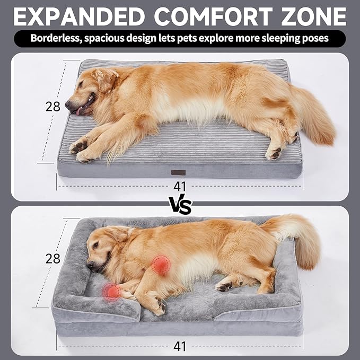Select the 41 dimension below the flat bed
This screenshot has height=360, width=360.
coord(180,187)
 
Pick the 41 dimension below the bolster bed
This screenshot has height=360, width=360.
coord(180,346)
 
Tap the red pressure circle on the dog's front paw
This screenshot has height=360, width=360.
coord(112,291)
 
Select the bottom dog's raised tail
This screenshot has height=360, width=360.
coord(297,233)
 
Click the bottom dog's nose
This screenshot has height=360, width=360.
coord(90,264)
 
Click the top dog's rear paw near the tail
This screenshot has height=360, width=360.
coord(274,154)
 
